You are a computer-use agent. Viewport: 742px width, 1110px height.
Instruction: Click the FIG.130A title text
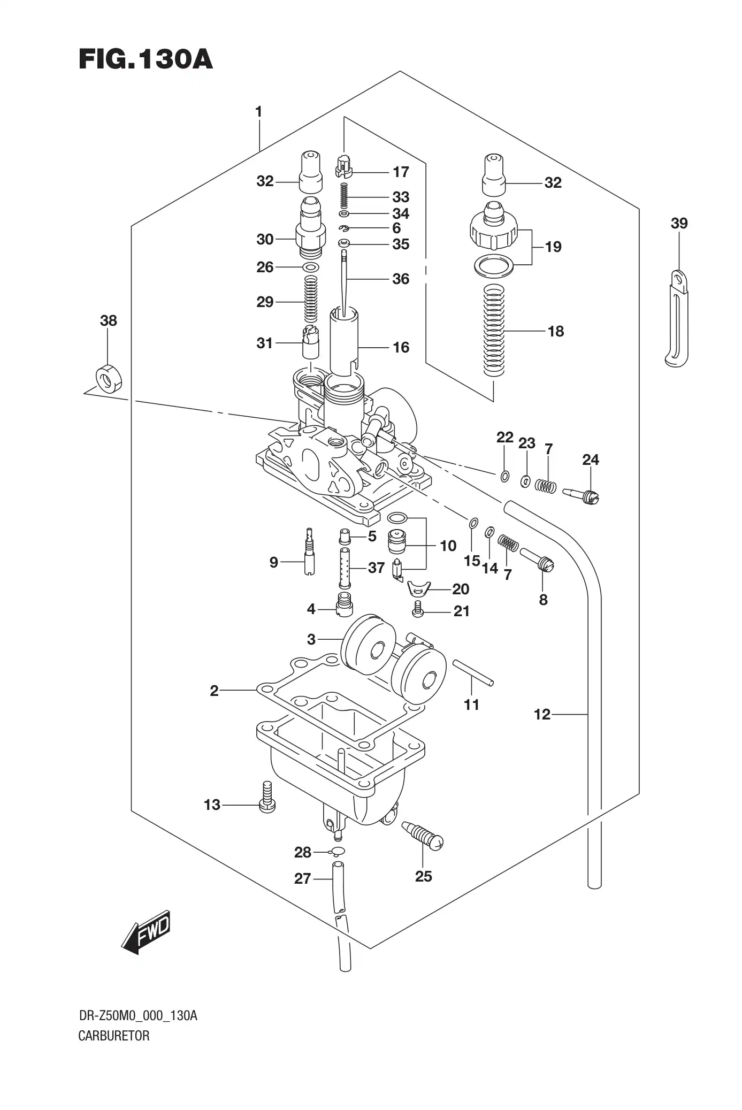tap(146, 59)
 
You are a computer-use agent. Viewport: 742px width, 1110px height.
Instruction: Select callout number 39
tap(679, 223)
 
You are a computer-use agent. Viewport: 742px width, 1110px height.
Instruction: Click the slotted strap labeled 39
tap(677, 321)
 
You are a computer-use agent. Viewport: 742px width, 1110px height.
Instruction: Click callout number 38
tap(108, 320)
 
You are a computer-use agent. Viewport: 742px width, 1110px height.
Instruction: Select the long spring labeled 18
tap(494, 330)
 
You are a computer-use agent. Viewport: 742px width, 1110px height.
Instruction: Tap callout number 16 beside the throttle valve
tap(401, 347)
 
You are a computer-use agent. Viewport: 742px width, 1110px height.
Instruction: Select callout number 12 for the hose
tap(541, 714)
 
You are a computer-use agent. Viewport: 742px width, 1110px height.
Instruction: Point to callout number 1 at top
tap(258, 112)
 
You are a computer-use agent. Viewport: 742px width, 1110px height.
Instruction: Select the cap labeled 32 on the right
tap(494, 175)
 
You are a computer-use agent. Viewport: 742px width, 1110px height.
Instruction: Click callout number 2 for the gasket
tap(214, 691)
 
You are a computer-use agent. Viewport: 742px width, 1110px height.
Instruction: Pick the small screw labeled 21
tap(419, 609)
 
